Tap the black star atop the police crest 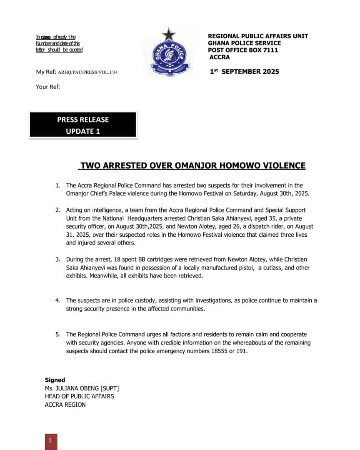168,34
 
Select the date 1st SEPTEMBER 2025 244,71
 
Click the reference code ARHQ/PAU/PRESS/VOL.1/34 90,72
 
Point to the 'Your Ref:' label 48,87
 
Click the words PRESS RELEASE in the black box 83,120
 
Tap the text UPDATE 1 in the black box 83,131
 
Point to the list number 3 58,260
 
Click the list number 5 58,335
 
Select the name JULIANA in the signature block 70,388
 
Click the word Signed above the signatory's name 55,380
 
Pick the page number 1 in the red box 50,440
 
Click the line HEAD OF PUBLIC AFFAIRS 79,396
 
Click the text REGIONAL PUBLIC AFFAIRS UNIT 258,36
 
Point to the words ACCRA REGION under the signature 65,404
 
